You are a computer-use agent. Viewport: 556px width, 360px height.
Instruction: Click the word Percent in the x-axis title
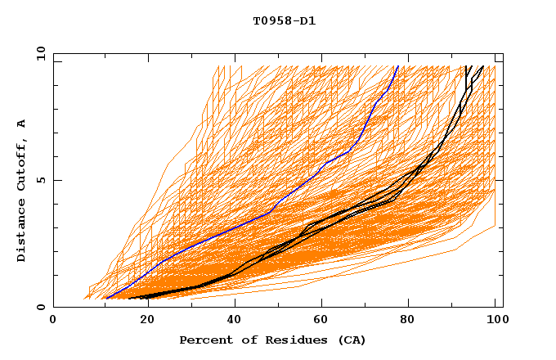tap(204, 340)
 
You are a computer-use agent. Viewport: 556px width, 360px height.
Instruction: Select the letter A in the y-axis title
tap(21, 124)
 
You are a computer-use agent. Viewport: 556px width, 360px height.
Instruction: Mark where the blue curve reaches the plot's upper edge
tap(397, 67)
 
